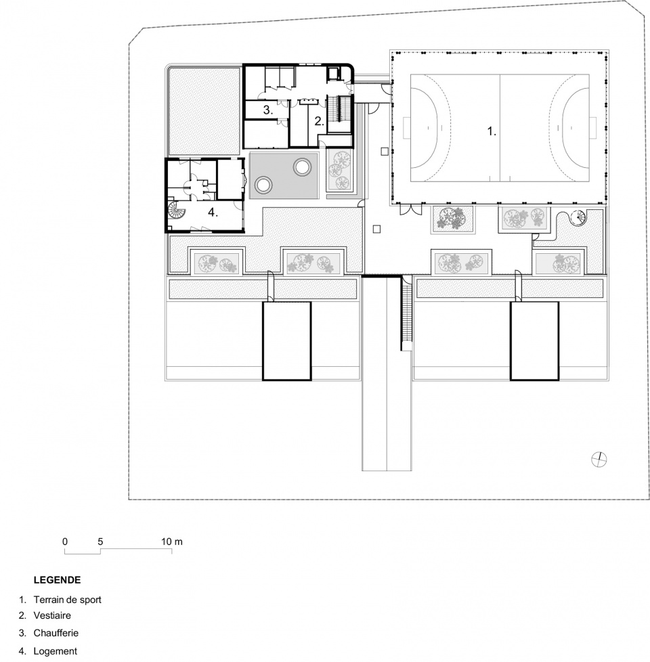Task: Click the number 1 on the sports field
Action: [491, 131]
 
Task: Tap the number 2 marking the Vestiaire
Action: [320, 121]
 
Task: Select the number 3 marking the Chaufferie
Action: [268, 110]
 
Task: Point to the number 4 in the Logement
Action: [213, 213]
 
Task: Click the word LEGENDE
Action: [57, 579]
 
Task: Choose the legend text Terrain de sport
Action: [68, 600]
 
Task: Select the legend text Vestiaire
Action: [52, 615]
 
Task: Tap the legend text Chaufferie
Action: [56, 633]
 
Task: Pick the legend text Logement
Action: [56, 651]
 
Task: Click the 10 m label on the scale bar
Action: [172, 542]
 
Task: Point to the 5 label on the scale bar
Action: [100, 542]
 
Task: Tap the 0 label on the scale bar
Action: [65, 542]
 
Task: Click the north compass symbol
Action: [599, 459]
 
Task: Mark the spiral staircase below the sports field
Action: [576, 218]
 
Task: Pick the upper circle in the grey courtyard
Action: [301, 167]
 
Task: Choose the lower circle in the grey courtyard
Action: [263, 185]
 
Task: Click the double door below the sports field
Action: [410, 209]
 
